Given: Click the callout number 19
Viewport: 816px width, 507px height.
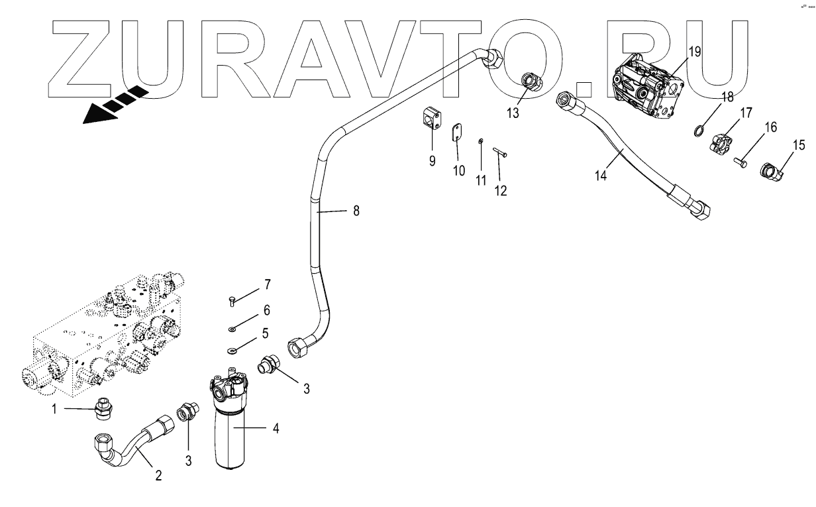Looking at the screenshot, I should click(x=694, y=51).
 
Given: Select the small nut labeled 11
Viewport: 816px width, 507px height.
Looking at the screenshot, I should click(x=482, y=141).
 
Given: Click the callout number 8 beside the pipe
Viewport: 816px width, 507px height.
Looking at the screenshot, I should click(x=356, y=211).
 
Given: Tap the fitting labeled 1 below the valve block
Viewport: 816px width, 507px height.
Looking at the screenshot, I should click(x=102, y=408).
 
